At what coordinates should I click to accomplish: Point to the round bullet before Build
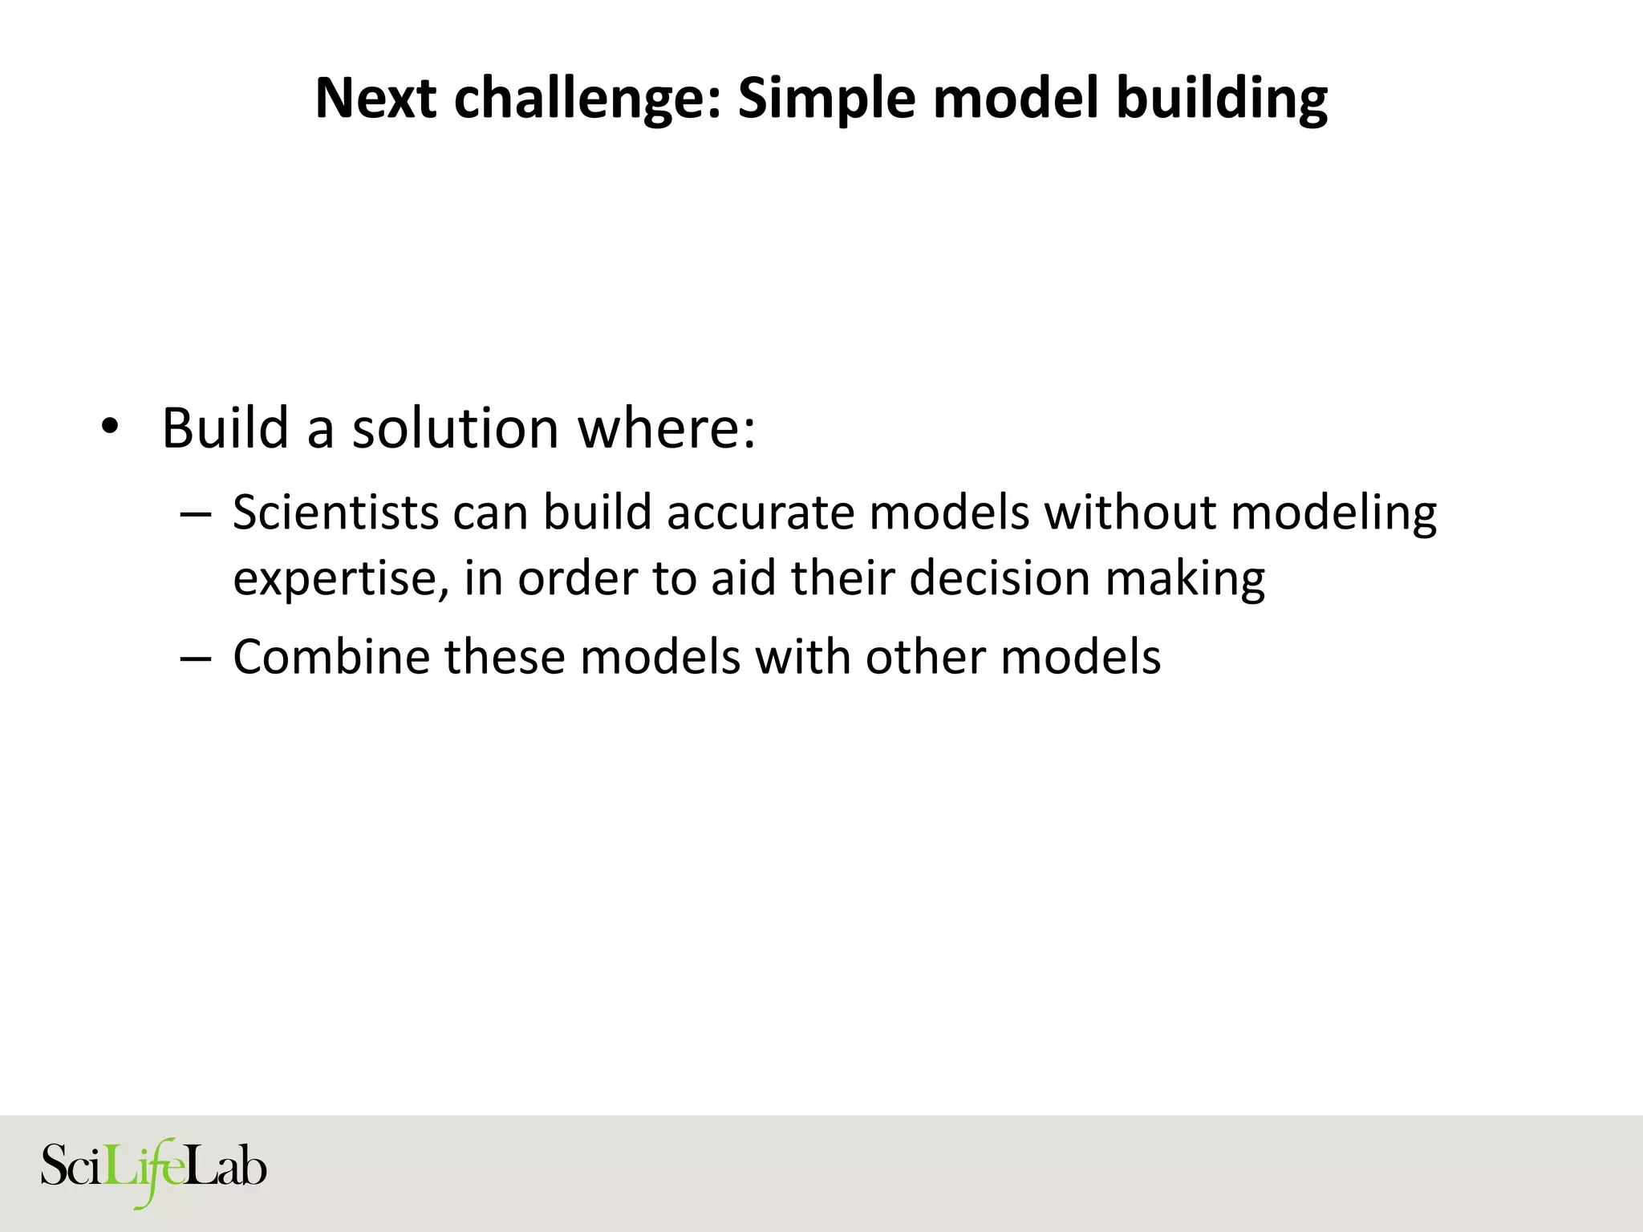pyautogui.click(x=109, y=428)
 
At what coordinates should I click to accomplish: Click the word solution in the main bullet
pyautogui.click(x=455, y=428)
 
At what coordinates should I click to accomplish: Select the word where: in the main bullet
pyautogui.click(x=667, y=428)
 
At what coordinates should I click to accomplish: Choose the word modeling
pyautogui.click(x=1333, y=514)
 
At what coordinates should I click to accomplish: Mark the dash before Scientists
pyautogui.click(x=196, y=514)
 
